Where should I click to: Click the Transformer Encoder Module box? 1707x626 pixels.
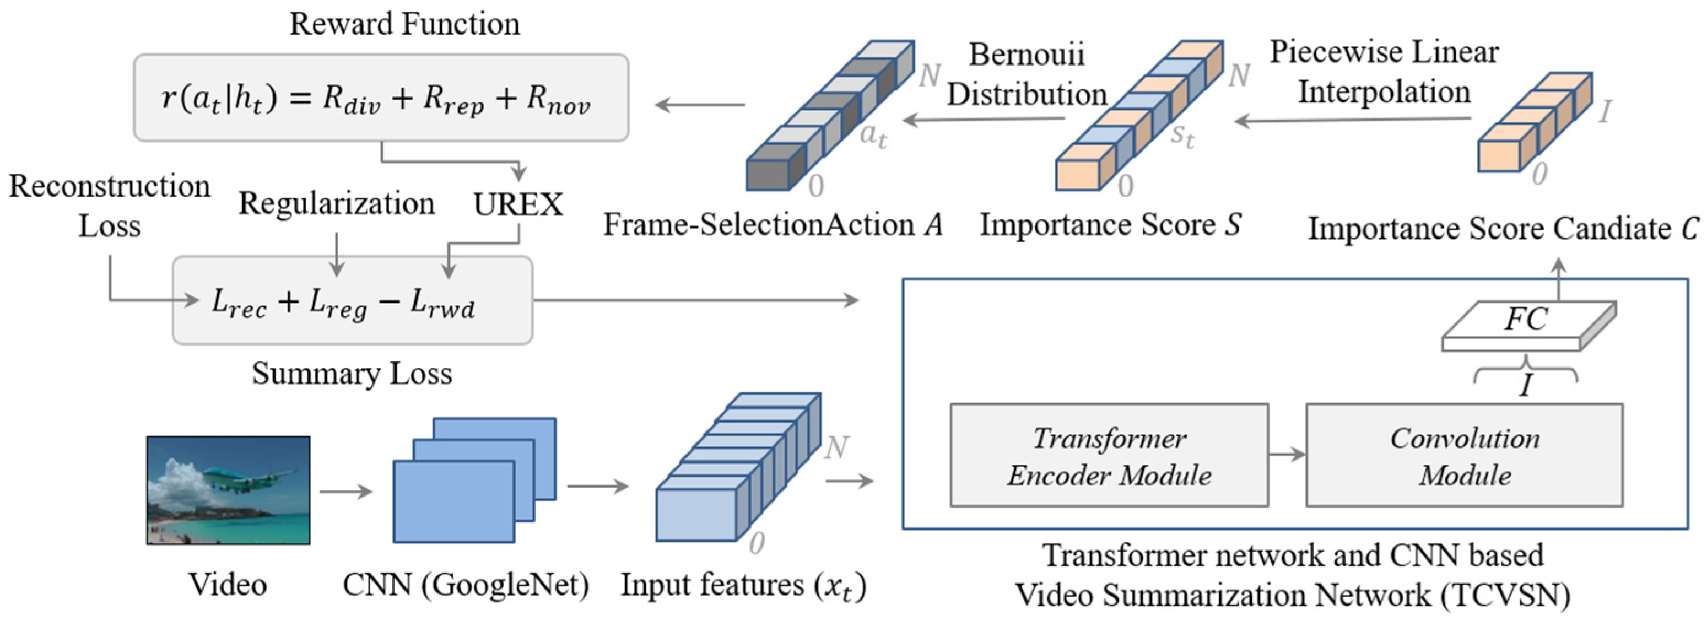(x=1109, y=456)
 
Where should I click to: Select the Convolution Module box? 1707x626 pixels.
(x=1464, y=456)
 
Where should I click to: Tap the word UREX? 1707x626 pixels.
(x=517, y=204)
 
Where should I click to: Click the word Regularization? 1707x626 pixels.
(x=337, y=203)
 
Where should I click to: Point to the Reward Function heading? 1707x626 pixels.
(x=404, y=24)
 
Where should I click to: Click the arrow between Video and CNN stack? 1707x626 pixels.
(x=346, y=492)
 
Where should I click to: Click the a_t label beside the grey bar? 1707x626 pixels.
(x=873, y=135)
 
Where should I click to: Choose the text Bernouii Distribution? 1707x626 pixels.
(x=1027, y=74)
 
